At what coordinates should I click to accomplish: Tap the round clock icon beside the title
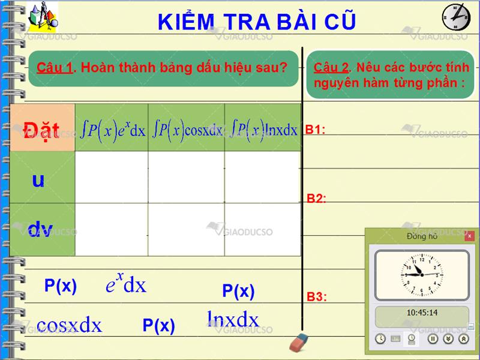456,17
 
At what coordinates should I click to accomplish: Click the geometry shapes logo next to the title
43,17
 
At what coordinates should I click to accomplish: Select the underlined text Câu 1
55,67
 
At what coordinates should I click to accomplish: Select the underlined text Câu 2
331,67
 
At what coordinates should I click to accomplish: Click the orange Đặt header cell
42,127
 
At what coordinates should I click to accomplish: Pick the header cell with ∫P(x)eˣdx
112,127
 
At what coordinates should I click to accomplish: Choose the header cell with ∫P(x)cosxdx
186,127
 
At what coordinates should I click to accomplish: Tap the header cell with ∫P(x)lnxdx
263,127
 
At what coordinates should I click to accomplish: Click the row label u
38,181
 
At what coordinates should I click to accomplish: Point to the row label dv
40,229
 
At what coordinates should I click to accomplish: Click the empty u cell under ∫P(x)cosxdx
186,177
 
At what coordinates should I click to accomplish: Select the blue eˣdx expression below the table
126,283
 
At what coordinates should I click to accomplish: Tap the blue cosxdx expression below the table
69,325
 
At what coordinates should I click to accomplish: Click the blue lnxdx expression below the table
233,319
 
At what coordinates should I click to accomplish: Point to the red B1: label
315,130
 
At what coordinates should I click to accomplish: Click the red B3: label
317,296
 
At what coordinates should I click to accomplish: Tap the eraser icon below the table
299,342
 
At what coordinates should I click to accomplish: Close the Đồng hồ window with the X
469,236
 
